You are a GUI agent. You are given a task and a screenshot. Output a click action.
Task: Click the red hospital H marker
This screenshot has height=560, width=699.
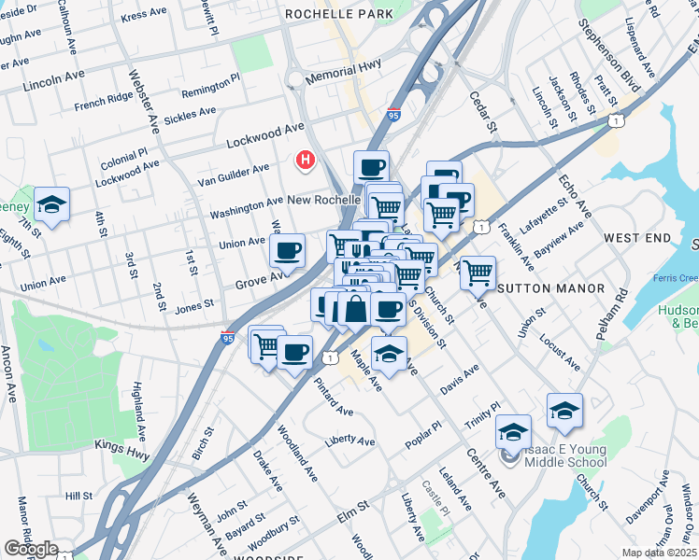(x=305, y=161)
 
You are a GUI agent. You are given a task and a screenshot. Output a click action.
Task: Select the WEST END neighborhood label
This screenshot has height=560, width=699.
(x=637, y=239)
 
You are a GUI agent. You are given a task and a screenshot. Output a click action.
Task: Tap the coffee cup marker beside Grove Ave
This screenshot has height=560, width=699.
(x=287, y=250)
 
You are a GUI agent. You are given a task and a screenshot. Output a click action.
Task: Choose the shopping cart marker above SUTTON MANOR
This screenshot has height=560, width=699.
(x=478, y=273)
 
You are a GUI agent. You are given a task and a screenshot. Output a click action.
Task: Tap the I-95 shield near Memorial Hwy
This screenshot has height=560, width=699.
(x=393, y=115)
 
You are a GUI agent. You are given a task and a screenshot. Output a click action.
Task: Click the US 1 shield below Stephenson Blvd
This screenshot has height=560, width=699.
(x=615, y=120)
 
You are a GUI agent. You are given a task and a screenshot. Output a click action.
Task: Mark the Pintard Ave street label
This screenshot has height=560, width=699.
(x=334, y=398)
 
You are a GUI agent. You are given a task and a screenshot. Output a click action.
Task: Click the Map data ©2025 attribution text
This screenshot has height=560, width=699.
(x=660, y=553)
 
